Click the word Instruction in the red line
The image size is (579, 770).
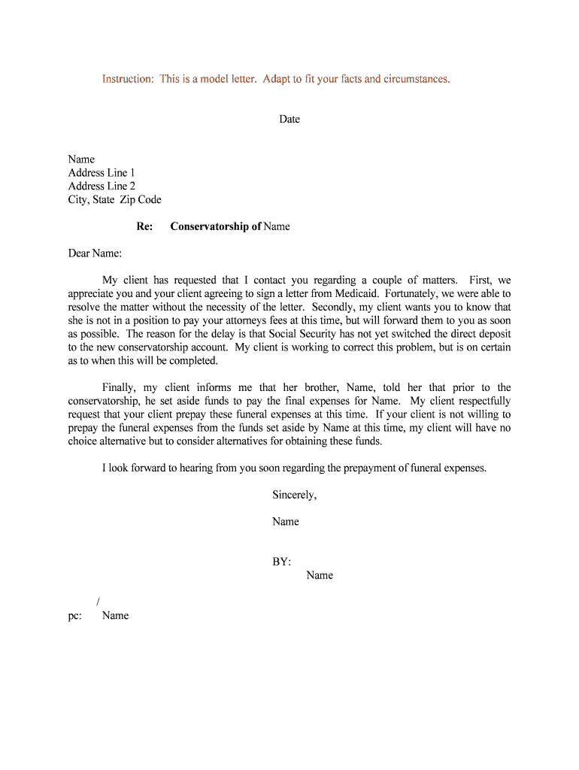(127, 79)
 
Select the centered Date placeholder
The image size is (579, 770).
(289, 120)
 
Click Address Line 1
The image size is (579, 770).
(102, 173)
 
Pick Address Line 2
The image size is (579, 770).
(102, 186)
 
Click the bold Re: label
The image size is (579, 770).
(144, 226)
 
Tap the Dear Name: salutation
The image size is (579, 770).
(95, 253)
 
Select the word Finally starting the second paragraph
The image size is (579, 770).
(119, 388)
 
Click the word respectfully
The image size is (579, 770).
(480, 402)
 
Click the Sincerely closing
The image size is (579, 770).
(294, 495)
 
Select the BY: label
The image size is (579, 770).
(281, 562)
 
